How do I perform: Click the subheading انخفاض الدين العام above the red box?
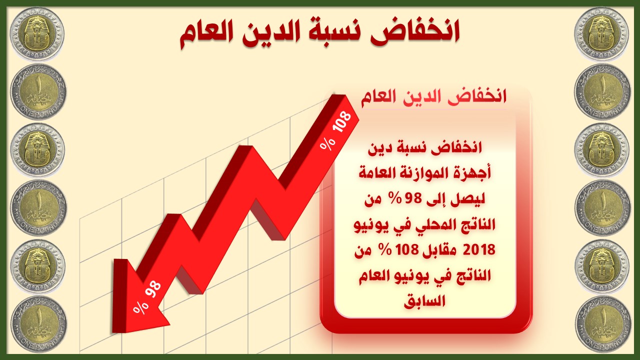pyautogui.click(x=433, y=97)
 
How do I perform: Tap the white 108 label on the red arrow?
pyautogui.click(x=342, y=121)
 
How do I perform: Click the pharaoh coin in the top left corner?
pyautogui.click(x=37, y=34)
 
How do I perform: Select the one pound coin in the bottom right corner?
pyautogui.click(x=603, y=325)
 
